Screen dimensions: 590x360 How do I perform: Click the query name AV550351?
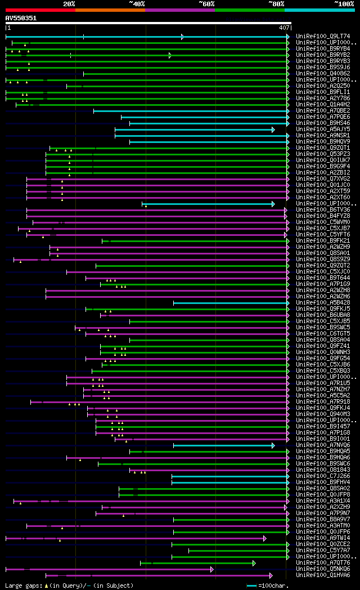click(x=21, y=18)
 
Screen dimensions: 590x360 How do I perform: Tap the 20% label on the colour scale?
click(x=69, y=4)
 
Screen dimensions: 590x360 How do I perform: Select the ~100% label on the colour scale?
click(x=344, y=4)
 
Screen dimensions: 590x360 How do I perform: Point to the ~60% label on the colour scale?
click(x=206, y=4)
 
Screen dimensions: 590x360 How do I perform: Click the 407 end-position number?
click(x=284, y=28)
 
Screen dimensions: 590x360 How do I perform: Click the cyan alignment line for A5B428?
click(x=231, y=303)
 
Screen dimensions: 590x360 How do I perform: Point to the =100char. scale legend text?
click(x=274, y=586)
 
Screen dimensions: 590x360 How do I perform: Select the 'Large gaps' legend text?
click(x=23, y=586)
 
